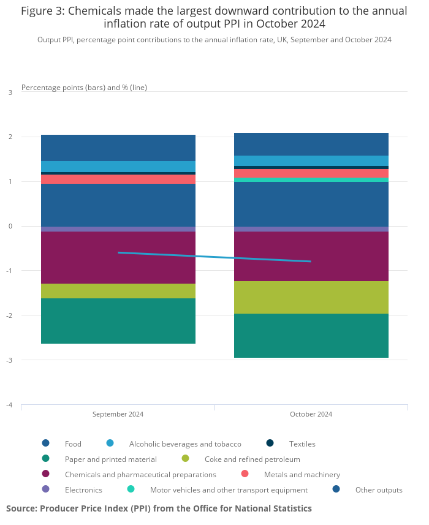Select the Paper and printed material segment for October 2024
coord(311,336)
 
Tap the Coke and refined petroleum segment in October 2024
coord(311,297)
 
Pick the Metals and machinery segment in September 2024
coord(118,179)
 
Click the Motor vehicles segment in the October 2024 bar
coord(311,179)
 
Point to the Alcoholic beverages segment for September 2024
coord(118,166)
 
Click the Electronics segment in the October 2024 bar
coord(311,229)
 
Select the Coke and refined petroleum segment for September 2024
coord(118,291)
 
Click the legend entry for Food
coord(72,444)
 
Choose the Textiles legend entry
coord(302,444)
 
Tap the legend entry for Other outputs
coord(378,489)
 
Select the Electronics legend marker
coord(45,489)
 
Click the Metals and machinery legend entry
coord(302,474)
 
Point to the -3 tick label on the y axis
coord(10,360)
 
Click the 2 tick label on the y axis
coord(10,137)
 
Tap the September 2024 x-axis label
coord(118,414)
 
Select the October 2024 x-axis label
coord(311,414)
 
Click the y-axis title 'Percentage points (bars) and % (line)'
coord(84,88)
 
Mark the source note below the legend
coord(159,508)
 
